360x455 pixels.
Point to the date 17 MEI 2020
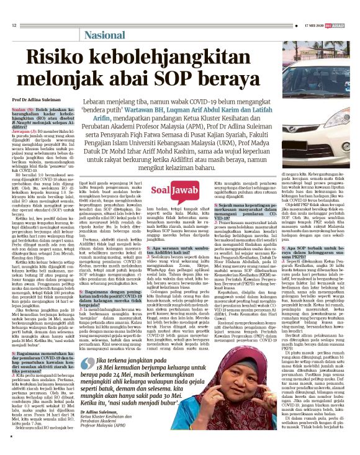pyautogui.click(x=316, y=25)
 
